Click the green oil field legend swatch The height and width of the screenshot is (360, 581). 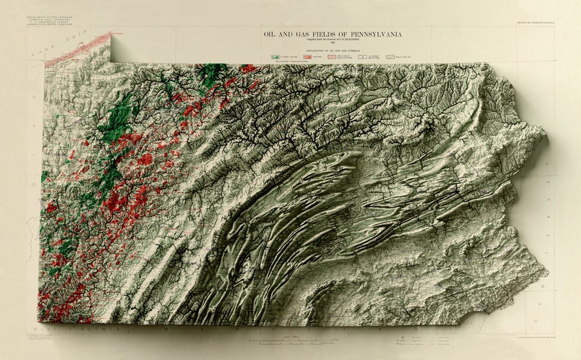[x=274, y=56]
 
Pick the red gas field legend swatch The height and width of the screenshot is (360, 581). [x=307, y=56]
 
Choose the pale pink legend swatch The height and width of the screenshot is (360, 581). [x=336, y=56]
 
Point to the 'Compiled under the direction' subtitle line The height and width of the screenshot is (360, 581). [x=332, y=41]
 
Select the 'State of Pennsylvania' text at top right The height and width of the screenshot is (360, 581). [x=534, y=25]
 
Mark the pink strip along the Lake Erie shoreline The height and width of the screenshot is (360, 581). [x=77, y=50]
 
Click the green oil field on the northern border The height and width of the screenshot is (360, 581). [x=214, y=73]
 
